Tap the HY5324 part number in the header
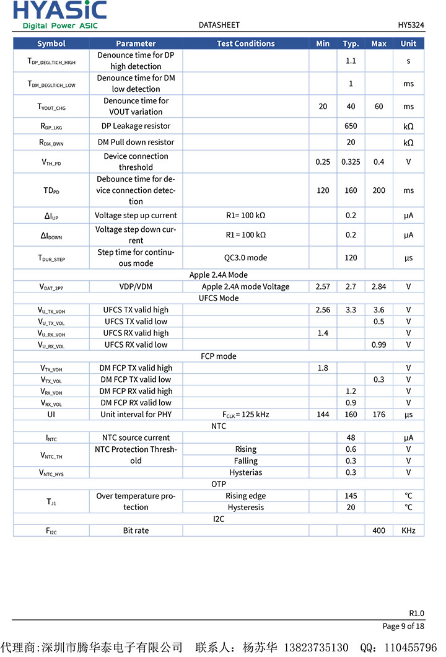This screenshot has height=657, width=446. tap(411, 25)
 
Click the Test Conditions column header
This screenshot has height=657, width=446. tap(245, 43)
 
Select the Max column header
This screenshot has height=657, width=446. tap(378, 43)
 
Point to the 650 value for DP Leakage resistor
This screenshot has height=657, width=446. tap(351, 126)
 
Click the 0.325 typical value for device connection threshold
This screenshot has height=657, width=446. tap(351, 162)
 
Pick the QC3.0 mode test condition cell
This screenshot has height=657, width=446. tap(245, 257)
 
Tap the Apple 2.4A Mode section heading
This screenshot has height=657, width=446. tap(219, 275)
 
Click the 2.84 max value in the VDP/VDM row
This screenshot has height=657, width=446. tap(378, 286)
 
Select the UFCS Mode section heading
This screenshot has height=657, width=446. tap(219, 298)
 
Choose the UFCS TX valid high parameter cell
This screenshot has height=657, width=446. tap(136, 310)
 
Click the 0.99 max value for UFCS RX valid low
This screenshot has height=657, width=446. tap(378, 345)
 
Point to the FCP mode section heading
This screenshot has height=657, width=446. tap(219, 356)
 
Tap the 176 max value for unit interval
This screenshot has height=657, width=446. tap(378, 414)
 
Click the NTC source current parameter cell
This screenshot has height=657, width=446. tap(136, 438)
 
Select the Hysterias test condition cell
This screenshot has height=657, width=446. tap(245, 472)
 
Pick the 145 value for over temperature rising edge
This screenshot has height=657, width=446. tap(351, 496)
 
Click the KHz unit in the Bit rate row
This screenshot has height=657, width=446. tap(408, 531)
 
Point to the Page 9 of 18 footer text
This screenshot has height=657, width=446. tap(403, 626)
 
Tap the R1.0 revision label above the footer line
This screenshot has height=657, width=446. tap(416, 613)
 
